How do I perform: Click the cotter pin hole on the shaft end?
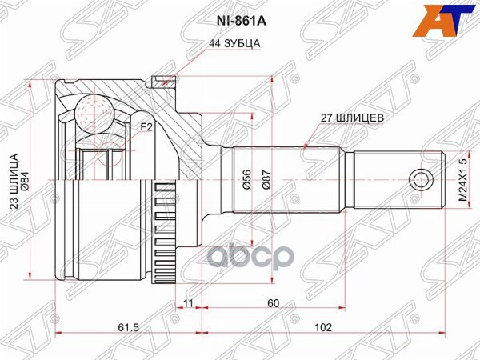pos(418,178)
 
